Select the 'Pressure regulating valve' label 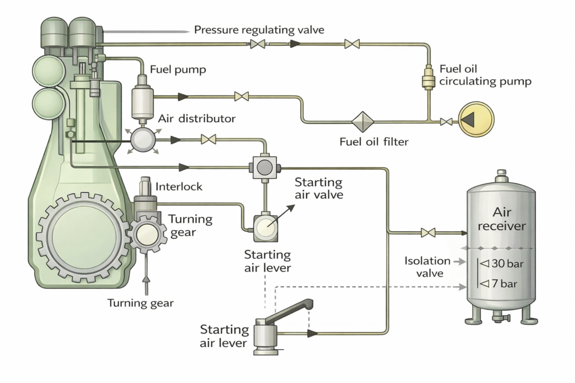pyautogui.click(x=259, y=30)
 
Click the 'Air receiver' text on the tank pyautogui.click(x=501, y=219)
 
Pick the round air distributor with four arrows pyautogui.click(x=143, y=138)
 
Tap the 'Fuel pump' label pyautogui.click(x=178, y=70)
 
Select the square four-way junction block pyautogui.click(x=264, y=167)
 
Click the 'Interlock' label pyautogui.click(x=179, y=186)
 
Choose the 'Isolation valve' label pyautogui.click(x=427, y=267)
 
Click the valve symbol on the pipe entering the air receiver pyautogui.click(x=428, y=232)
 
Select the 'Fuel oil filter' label pyautogui.click(x=374, y=141)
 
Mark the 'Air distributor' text pyautogui.click(x=197, y=119)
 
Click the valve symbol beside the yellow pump pyautogui.click(x=447, y=121)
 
